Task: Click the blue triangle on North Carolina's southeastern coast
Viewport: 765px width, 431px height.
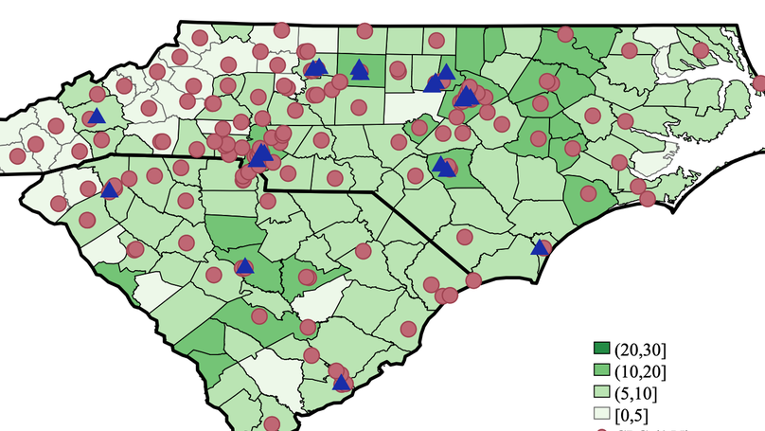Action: pyautogui.click(x=540, y=248)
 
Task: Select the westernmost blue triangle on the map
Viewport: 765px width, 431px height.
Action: pyautogui.click(x=96, y=116)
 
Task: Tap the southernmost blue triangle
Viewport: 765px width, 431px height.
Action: pyautogui.click(x=341, y=383)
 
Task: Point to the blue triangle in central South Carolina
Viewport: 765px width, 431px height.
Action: pyautogui.click(x=244, y=266)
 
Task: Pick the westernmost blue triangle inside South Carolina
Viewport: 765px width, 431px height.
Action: pyautogui.click(x=109, y=189)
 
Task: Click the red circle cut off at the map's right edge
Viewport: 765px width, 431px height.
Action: pyautogui.click(x=759, y=83)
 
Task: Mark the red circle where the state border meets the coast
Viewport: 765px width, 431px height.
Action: pyautogui.click(x=471, y=279)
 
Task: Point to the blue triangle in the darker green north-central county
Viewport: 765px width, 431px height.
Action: pyautogui.click(x=359, y=68)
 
